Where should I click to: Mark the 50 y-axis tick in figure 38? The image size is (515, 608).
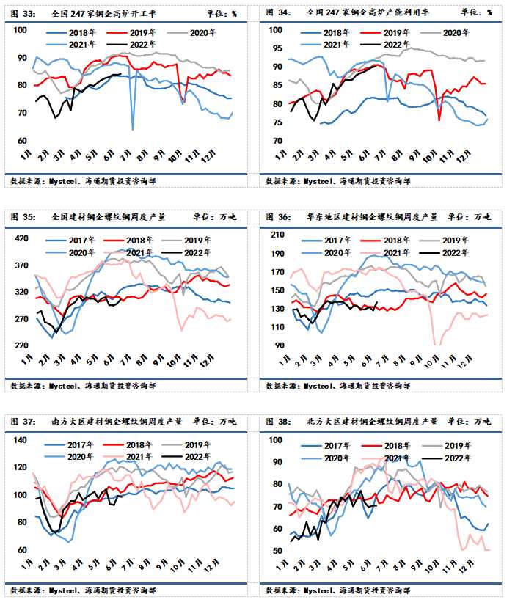pos(277,551)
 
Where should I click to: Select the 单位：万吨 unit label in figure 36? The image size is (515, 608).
pos(472,217)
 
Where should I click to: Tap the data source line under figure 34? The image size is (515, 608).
pos(338,181)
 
